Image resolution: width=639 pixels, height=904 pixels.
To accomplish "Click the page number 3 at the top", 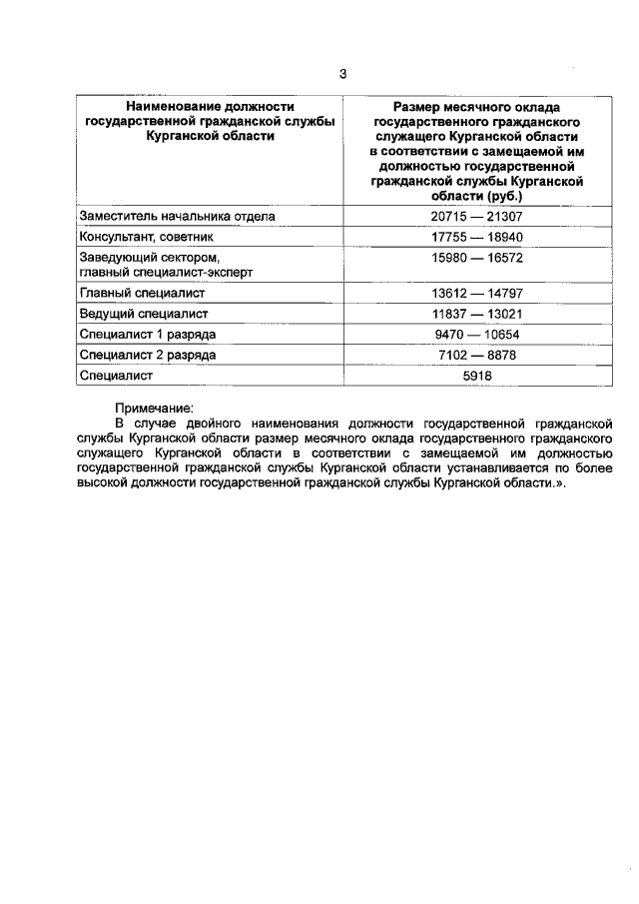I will click(x=342, y=74).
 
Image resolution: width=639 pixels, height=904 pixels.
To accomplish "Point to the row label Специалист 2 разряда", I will click(x=146, y=355).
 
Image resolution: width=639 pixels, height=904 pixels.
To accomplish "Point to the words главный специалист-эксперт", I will click(x=166, y=272).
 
